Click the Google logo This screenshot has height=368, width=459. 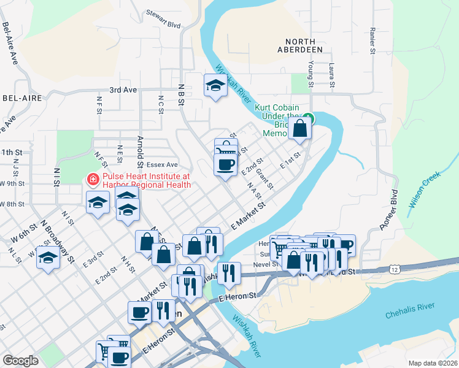coord(20,361)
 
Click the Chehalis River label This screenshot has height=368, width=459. coord(410,315)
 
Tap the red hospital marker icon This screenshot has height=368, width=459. coord(93,180)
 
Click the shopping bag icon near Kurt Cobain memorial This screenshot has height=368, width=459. coord(300,129)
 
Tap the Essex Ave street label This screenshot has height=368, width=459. coord(161,165)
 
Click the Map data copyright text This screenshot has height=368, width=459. coord(433,363)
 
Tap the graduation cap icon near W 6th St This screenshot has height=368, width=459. coord(48,258)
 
